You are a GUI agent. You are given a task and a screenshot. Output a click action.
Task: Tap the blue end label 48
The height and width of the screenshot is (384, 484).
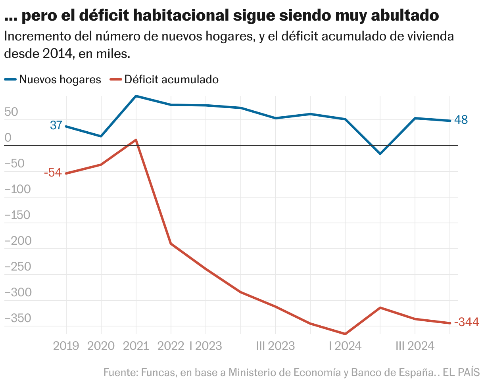coord(461,120)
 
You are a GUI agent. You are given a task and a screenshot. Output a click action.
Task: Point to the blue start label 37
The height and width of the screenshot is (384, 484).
coord(56,125)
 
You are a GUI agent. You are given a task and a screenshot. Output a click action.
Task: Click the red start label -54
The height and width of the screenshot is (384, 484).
coord(53,173)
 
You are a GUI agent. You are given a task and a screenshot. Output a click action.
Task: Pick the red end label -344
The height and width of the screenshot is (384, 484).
coord(467,322)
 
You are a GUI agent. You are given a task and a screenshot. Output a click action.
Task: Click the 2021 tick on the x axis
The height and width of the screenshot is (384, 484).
coord(136,346)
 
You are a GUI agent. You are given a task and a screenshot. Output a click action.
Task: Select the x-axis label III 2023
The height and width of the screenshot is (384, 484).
coord(275,346)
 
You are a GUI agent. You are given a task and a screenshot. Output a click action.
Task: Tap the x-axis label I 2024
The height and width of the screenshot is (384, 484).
coord(345,346)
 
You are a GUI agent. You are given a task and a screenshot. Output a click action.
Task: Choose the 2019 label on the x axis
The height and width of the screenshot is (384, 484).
coord(66,346)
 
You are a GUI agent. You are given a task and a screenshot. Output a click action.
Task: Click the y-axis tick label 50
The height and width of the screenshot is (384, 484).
coord(12,112)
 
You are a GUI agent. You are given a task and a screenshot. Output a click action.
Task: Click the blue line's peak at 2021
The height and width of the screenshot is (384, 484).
coord(136,96)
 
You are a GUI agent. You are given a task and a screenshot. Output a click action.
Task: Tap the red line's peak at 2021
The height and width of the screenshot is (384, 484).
coord(136,140)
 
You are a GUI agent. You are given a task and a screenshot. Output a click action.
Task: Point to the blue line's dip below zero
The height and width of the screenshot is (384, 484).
coord(380,154)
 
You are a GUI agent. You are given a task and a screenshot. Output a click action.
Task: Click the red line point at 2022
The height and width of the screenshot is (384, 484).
coord(171,244)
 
